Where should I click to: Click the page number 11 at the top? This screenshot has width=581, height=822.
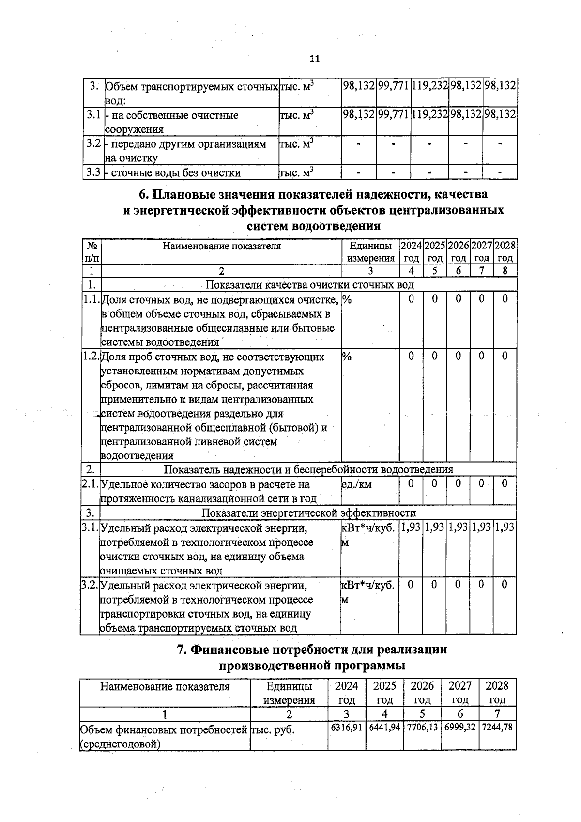(x=314, y=59)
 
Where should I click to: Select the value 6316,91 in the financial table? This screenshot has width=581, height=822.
(x=346, y=728)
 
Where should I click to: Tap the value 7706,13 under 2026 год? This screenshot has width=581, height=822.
(x=422, y=728)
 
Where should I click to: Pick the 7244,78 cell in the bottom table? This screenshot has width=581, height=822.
(x=497, y=728)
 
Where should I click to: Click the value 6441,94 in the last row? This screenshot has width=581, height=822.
(x=384, y=728)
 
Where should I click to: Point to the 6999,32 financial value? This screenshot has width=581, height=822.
(x=459, y=728)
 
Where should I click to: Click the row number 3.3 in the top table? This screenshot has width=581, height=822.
(x=93, y=172)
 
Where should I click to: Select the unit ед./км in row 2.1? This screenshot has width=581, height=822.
(x=356, y=484)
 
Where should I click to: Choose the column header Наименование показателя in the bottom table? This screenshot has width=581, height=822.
(x=165, y=686)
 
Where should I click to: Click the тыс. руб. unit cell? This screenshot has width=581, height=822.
(x=273, y=729)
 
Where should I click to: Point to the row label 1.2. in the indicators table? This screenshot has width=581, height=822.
(x=91, y=357)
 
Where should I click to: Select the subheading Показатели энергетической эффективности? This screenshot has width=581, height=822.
(x=308, y=513)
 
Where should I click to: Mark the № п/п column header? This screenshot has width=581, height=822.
(x=92, y=252)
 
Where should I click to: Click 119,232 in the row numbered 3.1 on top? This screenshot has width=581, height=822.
(x=429, y=115)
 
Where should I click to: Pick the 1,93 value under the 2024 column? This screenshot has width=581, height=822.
(x=411, y=527)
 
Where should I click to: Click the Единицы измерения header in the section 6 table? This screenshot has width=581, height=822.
(x=370, y=252)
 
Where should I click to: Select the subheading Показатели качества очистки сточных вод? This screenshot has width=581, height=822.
(x=310, y=284)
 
